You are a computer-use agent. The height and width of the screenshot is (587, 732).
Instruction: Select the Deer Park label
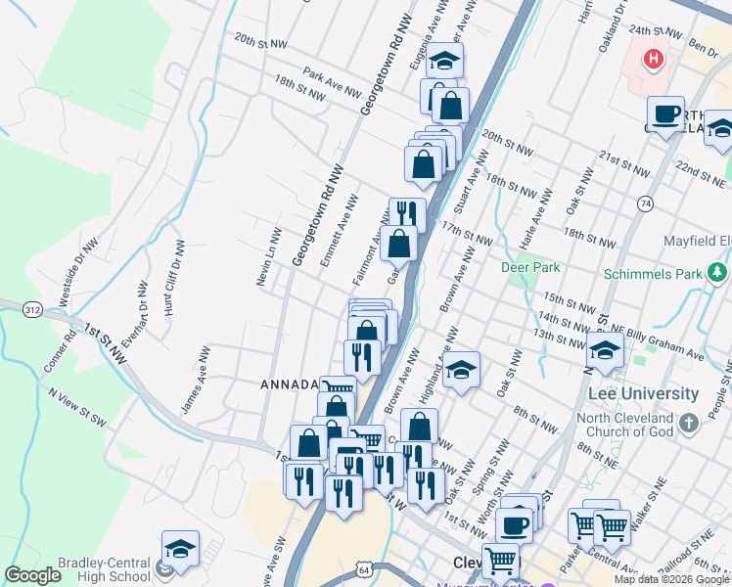(530, 266)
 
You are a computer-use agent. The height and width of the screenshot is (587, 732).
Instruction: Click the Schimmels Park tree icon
(717, 272)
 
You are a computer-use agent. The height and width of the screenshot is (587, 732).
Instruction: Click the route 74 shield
(644, 203)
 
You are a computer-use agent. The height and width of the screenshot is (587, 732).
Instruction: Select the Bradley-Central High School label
(76, 570)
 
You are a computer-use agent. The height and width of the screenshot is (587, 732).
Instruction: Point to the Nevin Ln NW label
(269, 257)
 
